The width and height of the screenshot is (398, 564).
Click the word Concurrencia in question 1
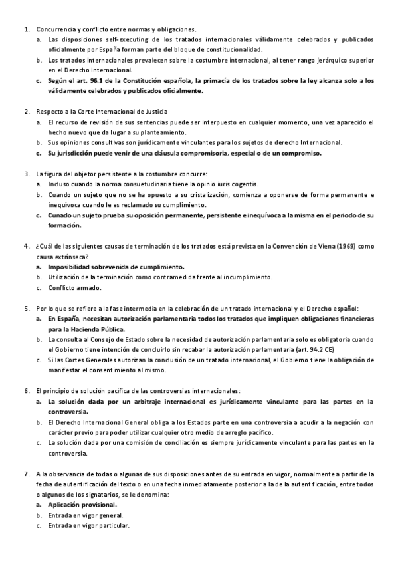tap(56, 29)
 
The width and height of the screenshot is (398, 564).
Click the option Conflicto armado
tap(74, 288)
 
